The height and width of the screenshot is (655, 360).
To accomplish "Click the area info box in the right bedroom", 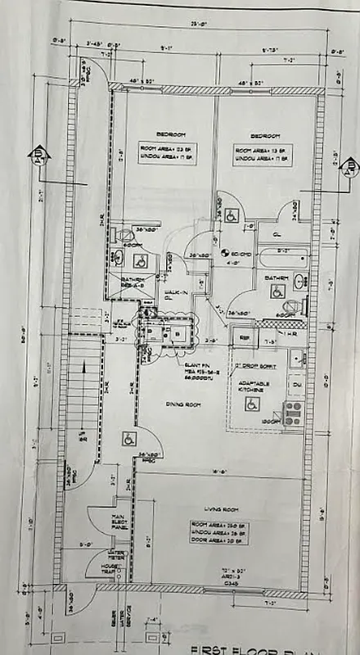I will [260, 153].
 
